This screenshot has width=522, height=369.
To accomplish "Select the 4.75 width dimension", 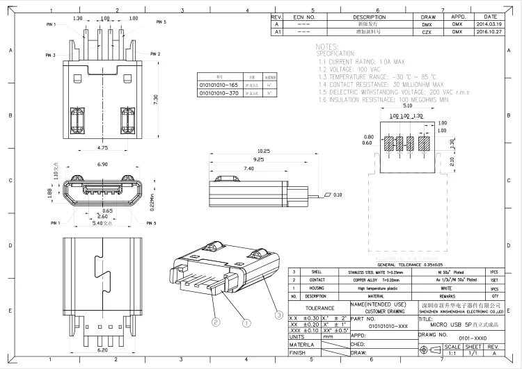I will click(102, 148).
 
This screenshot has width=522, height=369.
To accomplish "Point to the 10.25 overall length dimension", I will click(244, 151).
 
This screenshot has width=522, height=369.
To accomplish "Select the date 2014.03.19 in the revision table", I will click(490, 24).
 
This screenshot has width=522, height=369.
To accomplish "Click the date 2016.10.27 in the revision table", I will click(490, 31).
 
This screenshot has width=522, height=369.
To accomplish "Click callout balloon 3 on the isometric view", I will click(280, 315).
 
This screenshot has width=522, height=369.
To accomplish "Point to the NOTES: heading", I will click(326, 46).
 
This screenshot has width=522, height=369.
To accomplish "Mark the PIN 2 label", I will click(155, 54).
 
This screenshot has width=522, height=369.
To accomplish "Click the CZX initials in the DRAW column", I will click(427, 31).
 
